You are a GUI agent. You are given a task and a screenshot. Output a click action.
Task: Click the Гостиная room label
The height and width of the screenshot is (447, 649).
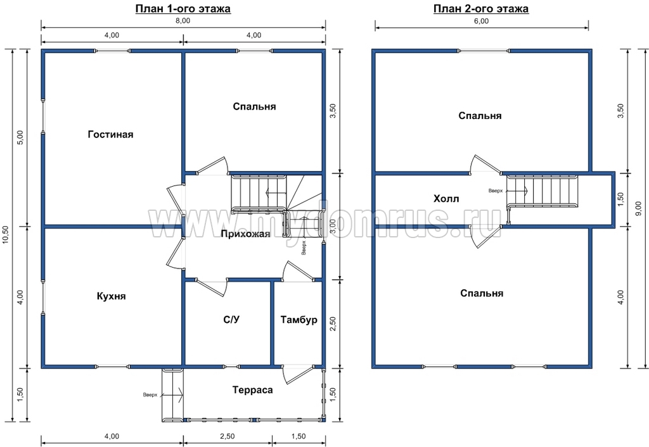pos(110,134)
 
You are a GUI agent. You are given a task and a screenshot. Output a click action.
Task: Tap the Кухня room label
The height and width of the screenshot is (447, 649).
pos(112,296)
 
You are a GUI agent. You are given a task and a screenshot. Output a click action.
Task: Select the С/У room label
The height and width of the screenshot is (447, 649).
pos(232,319)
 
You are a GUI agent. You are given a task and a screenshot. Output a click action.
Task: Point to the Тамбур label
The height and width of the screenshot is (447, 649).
pos(299,320)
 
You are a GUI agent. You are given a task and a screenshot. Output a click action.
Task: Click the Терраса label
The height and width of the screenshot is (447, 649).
pos(252,390)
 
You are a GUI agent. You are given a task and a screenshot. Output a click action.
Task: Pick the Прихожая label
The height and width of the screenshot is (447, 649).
pos(245,234)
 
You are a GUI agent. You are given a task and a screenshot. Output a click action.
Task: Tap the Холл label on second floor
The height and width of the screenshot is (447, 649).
pos(446,199)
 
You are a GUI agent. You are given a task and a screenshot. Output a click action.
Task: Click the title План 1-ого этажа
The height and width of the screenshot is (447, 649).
pos(183,9)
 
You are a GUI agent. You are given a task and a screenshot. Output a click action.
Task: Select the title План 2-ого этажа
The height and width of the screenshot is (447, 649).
pos(481,9)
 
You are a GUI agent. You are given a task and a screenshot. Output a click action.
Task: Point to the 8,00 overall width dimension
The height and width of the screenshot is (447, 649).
pos(183,21)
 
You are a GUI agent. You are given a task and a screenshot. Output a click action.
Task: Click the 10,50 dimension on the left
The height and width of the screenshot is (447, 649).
pos(6,235)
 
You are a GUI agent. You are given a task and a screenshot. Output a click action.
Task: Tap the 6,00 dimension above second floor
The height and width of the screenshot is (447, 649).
pos(482,22)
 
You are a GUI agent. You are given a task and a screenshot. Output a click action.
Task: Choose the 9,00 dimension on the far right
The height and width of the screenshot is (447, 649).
pos(639,208)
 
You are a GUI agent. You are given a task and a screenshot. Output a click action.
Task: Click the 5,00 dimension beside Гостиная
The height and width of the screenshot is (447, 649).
pos(22,137)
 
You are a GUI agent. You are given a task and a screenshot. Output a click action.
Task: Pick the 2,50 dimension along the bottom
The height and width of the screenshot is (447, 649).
pos(228,437)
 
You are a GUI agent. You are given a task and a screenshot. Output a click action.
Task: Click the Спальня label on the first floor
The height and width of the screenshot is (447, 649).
pos(254,106)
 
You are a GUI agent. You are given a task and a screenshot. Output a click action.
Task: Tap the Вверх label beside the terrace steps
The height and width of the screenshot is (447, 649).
pos(150,395)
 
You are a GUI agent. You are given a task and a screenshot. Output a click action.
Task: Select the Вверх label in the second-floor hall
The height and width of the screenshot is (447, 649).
pos(496,191)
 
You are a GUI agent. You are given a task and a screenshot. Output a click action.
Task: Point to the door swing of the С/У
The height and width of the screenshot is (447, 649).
pos(212,287)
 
